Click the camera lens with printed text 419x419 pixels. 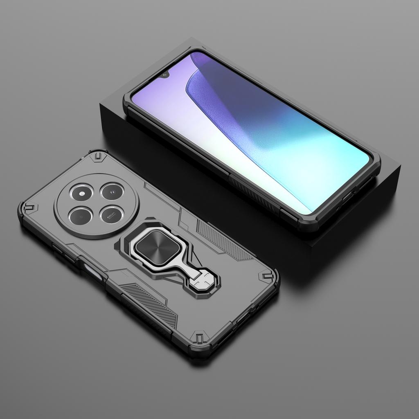(x=112, y=214)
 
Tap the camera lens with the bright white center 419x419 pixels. (x=82, y=191)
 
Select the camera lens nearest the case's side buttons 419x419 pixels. (x=81, y=214)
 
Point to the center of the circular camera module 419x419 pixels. (x=97, y=203)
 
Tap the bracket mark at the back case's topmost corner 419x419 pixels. (x=98, y=156)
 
